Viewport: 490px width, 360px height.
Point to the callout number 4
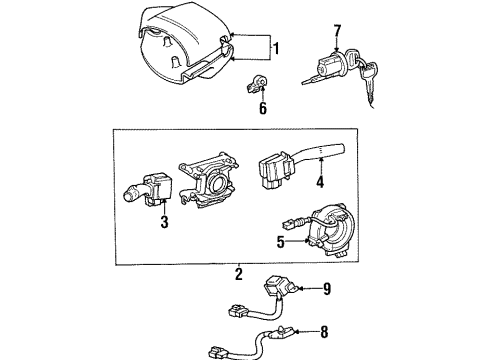click(320, 181)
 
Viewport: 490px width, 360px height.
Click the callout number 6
click(263, 108)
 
